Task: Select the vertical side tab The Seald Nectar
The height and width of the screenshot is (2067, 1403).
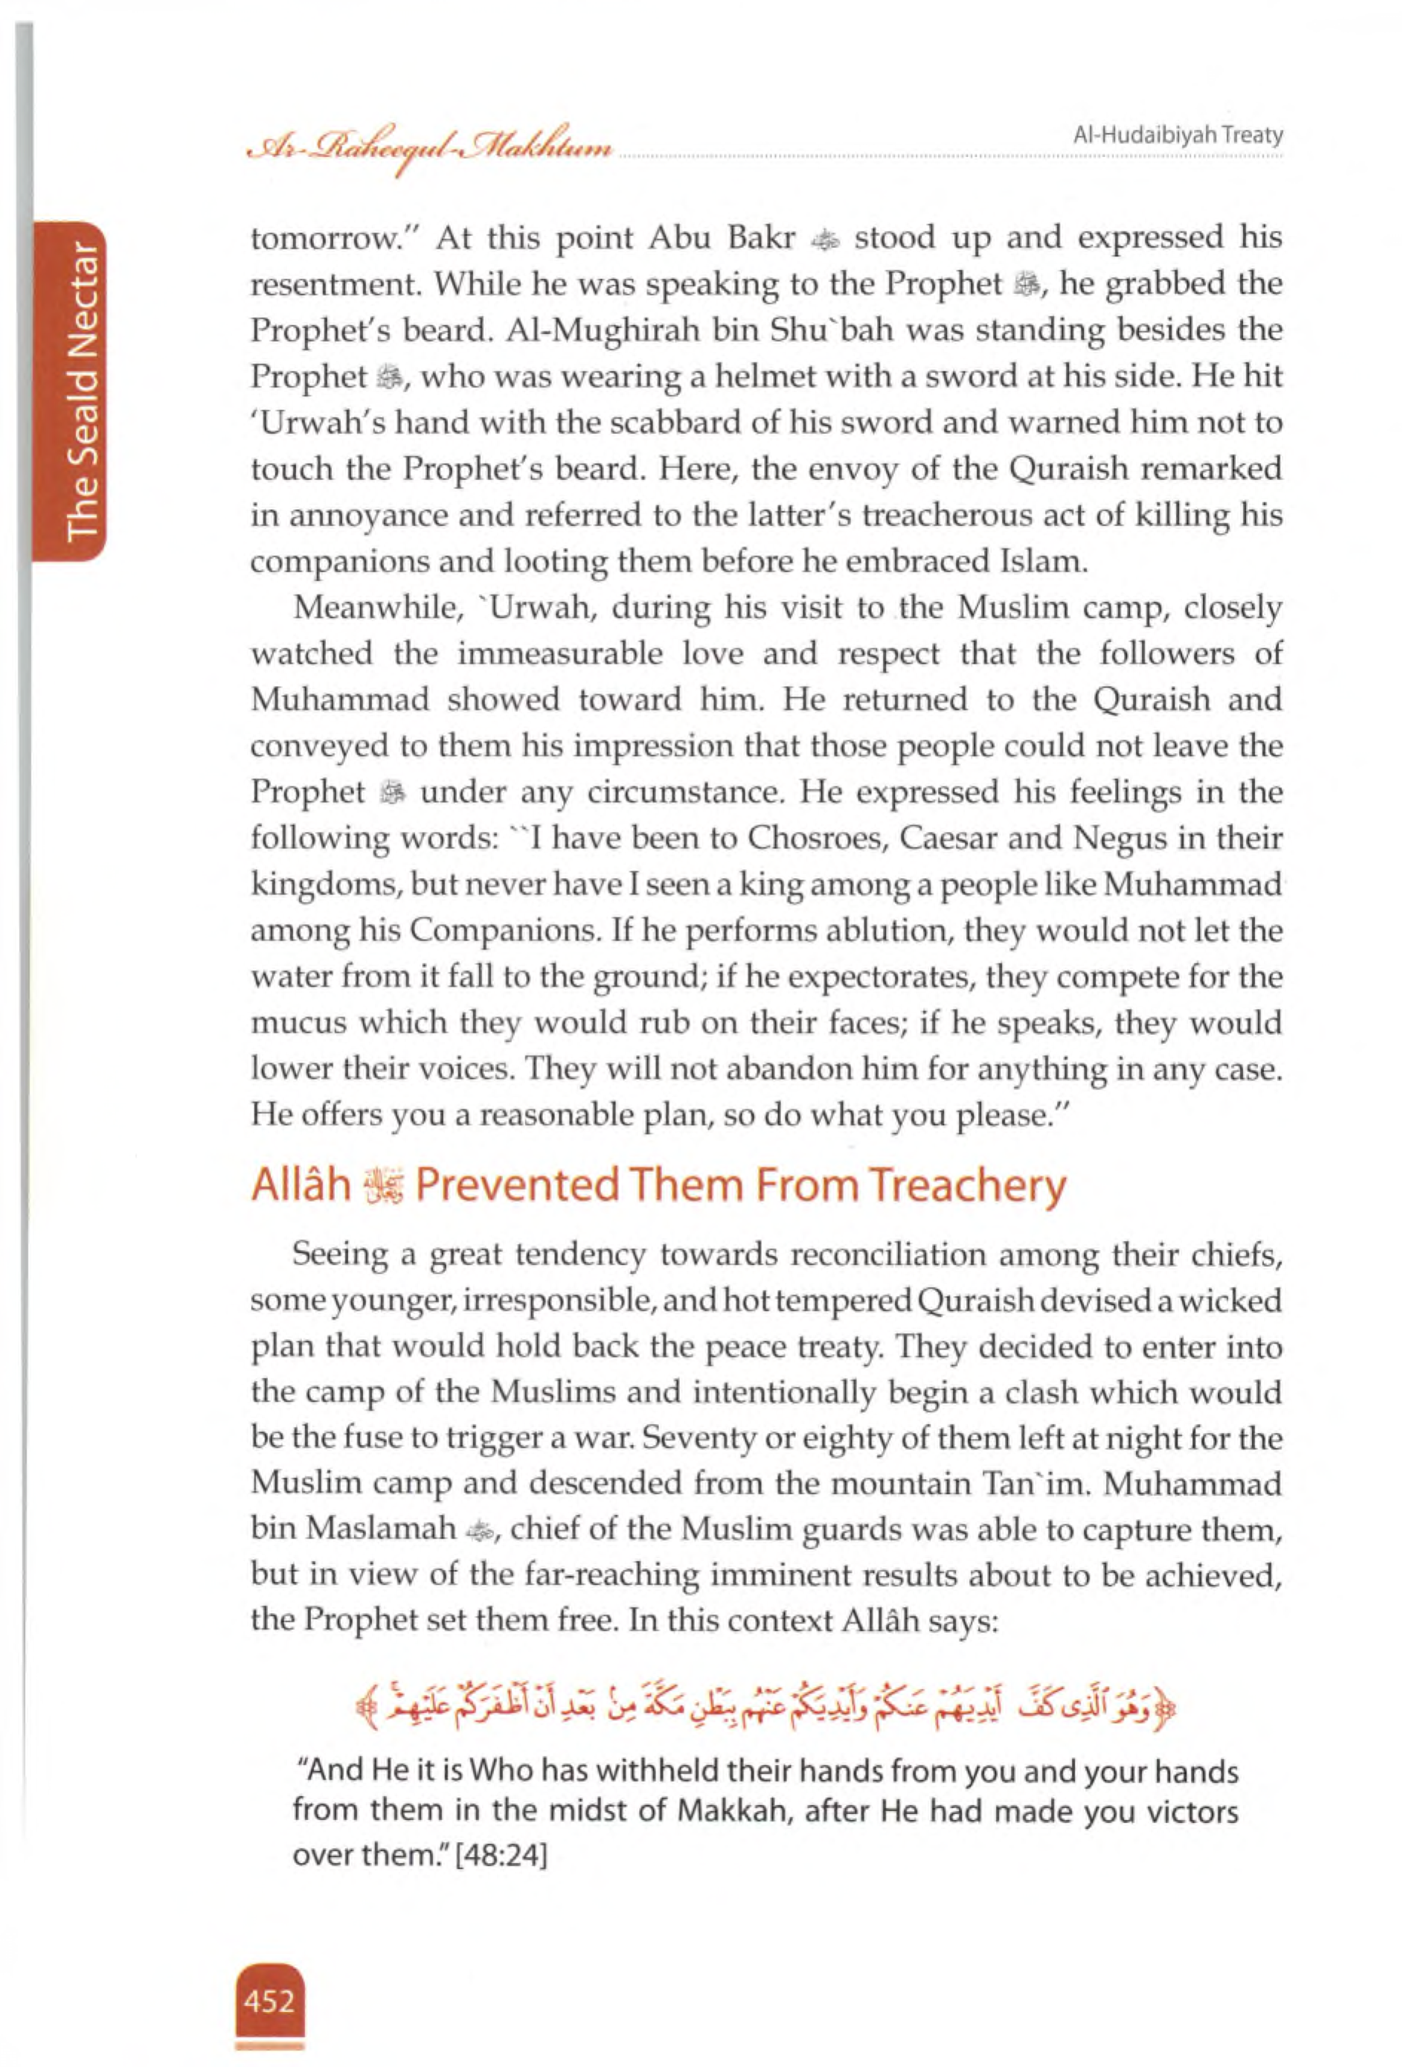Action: coord(82,391)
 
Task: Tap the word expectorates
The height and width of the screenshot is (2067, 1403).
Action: coord(881,978)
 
